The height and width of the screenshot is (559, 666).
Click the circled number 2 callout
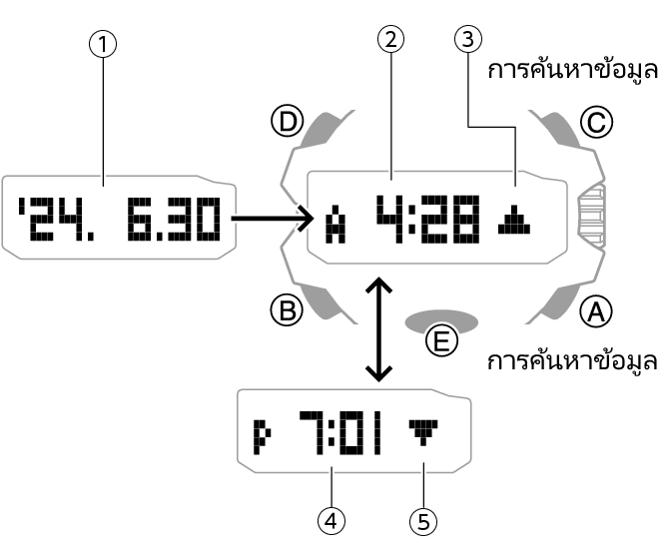coord(391,41)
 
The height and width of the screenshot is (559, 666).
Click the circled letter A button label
coord(596,313)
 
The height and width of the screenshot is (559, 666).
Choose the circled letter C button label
coord(596,123)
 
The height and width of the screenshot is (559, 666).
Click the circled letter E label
coord(440,340)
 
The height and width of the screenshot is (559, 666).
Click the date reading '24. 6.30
coord(119,217)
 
